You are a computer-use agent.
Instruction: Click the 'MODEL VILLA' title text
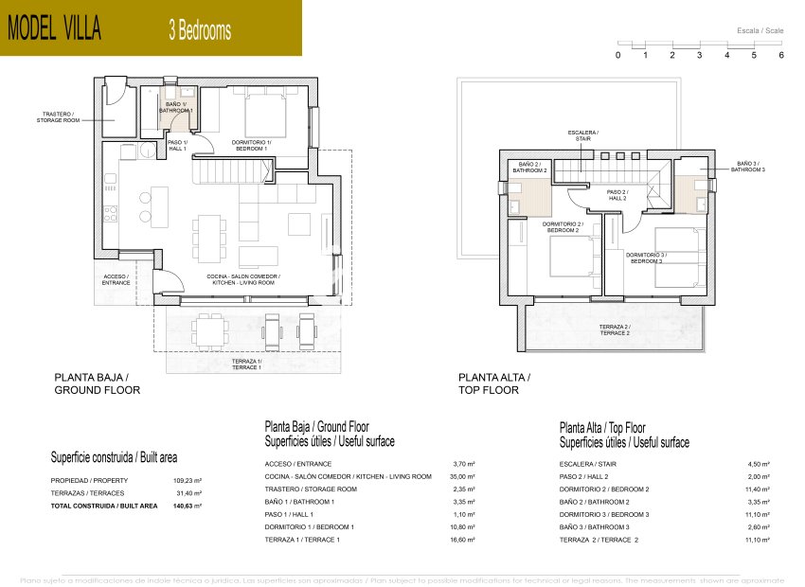click(54, 29)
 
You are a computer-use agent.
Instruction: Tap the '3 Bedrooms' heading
click(199, 30)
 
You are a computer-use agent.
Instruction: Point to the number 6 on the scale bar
click(781, 56)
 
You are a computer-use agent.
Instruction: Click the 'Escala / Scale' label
click(760, 31)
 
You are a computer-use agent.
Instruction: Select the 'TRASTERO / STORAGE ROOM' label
click(55, 116)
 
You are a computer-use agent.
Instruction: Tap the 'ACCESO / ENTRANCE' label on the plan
click(116, 279)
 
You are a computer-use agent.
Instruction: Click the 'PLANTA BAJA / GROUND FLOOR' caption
click(91, 383)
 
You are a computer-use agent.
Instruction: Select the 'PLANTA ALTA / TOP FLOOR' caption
click(494, 383)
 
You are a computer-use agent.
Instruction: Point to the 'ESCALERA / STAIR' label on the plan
click(582, 134)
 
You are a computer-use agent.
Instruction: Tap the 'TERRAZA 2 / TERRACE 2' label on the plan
click(614, 329)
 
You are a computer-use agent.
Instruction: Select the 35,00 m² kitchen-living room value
click(464, 476)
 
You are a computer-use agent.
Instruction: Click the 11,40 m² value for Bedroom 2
click(759, 489)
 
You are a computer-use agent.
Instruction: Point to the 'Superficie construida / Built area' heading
click(114, 457)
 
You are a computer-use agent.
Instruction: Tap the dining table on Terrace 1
click(210, 329)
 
